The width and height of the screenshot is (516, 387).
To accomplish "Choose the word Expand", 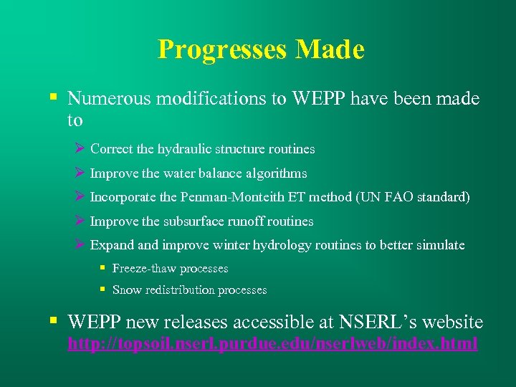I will pos(113,245).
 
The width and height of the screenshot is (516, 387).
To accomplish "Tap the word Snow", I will pos(126,290).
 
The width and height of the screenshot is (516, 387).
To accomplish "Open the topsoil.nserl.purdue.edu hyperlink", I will pos(272,344).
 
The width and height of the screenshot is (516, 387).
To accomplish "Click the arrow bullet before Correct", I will pos(80,149).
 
